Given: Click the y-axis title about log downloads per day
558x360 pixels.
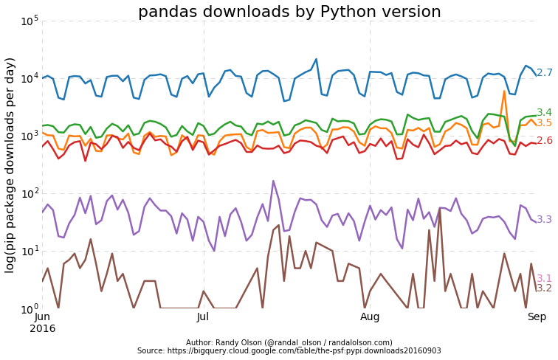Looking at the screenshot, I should pos(10,165).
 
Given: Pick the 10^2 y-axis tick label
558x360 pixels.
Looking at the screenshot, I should pos(29,193).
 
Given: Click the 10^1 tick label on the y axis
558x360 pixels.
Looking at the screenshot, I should pos(29,251).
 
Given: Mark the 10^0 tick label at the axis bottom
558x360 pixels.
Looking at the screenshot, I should pos(29,308).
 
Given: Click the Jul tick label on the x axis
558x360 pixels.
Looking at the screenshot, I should pos(204,317).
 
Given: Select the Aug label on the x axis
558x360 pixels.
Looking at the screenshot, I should pos(370,317).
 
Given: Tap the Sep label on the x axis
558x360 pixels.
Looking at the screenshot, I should pos(536,317).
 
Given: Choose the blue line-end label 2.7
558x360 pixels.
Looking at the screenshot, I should pos(545,73).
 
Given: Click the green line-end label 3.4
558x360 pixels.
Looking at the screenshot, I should pos(545,113).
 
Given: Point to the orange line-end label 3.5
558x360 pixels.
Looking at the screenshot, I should pos(545,123).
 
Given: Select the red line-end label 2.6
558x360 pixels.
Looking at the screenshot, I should pos(545,141).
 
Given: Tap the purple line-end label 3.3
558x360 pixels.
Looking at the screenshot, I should pos(545,220).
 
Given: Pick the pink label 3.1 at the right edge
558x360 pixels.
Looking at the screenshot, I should pos(545,279).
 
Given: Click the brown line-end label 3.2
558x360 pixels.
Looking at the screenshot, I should pos(545,288).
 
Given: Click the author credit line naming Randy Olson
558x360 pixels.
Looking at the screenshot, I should pos(289,343).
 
